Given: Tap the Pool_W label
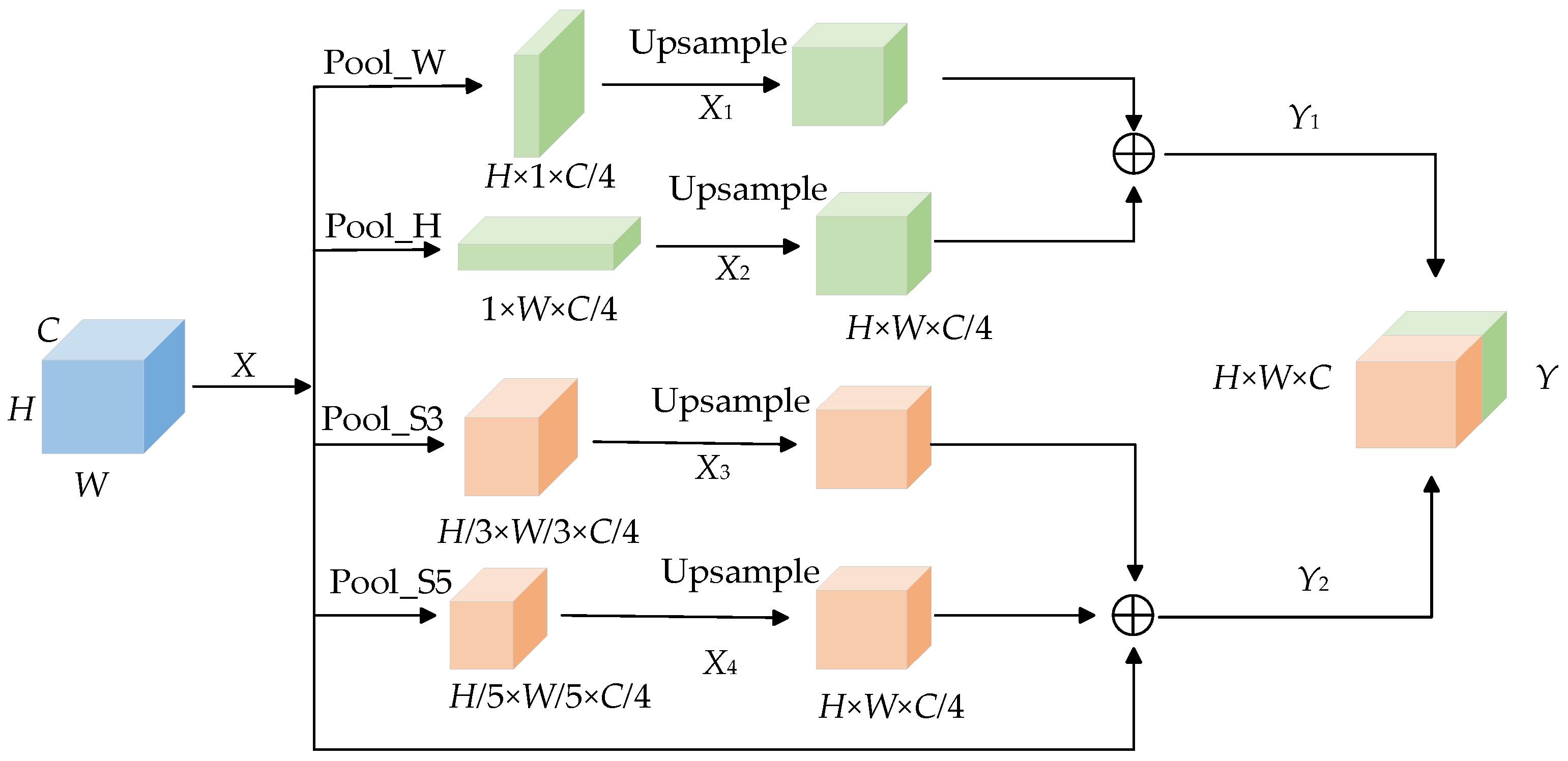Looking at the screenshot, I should pos(384,63).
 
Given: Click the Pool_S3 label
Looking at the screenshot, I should pos(382,418).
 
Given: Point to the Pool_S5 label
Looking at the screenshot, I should pos(390,582).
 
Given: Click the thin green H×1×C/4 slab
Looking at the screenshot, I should pos(548,91).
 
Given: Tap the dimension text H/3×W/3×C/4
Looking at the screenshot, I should pos(538,532).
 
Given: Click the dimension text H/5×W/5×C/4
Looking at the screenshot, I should pos(549,696).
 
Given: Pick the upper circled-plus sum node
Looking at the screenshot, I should pos(1134,154).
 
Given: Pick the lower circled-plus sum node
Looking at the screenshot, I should pos(1133,616).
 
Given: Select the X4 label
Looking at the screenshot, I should pos(719,663).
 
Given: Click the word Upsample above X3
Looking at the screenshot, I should pos(731,402).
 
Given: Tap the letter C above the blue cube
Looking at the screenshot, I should pos(48,330).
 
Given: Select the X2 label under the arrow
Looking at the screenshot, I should pos(732,269).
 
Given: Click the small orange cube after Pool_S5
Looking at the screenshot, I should pos(496,624).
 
